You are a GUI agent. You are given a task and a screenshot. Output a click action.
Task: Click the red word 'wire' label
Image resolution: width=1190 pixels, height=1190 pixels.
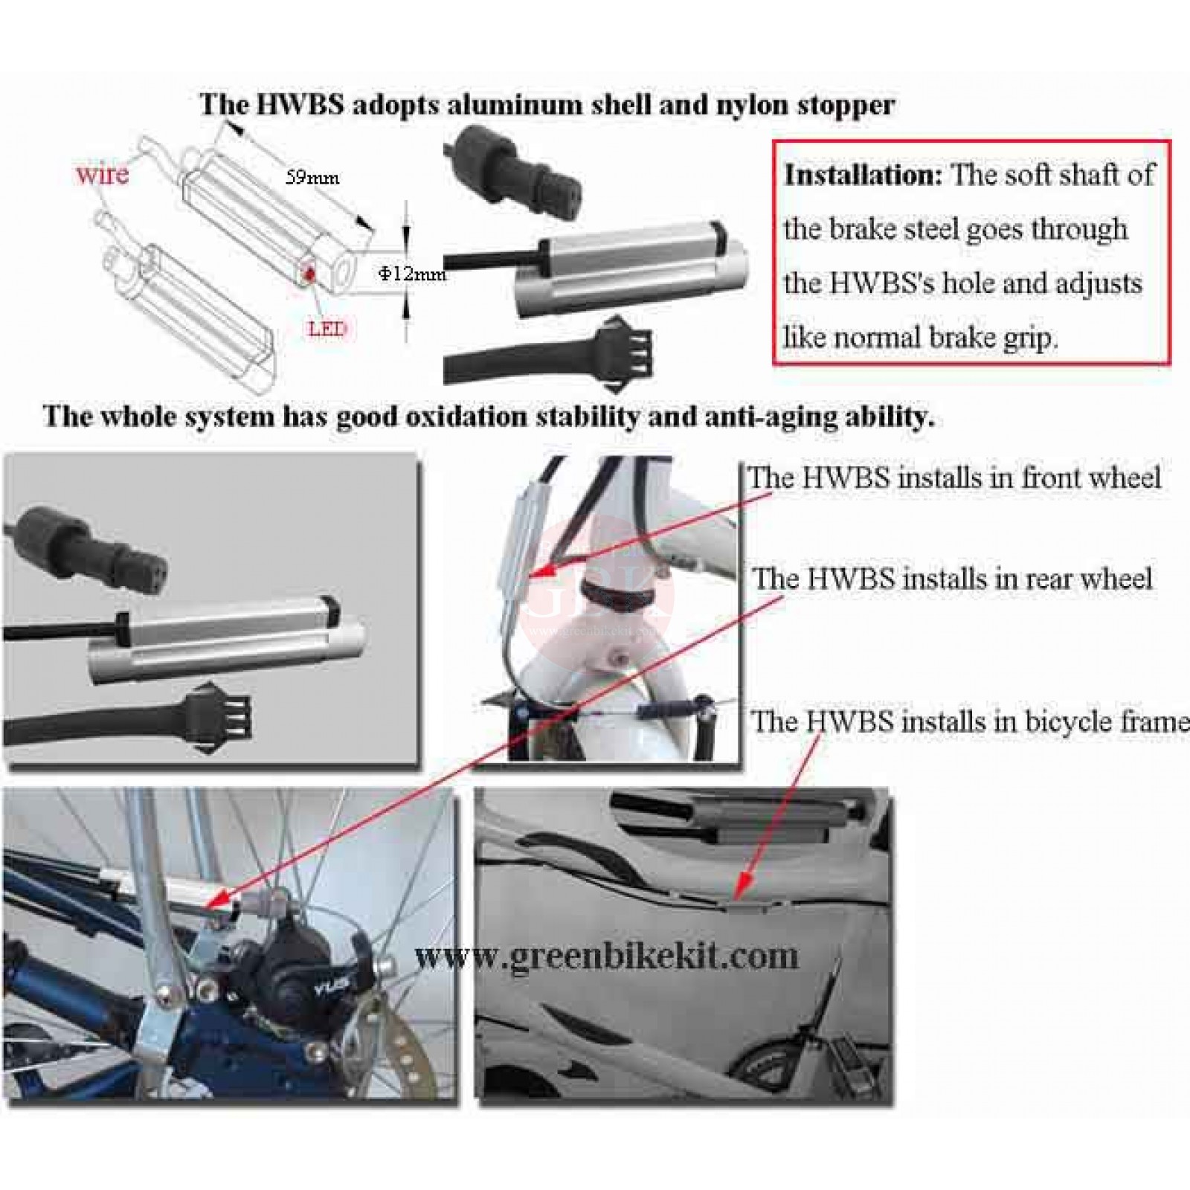102,175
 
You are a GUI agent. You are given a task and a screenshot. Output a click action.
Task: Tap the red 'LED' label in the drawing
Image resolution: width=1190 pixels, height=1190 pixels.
327,328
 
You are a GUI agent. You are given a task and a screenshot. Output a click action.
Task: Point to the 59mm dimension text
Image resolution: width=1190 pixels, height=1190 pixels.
312,178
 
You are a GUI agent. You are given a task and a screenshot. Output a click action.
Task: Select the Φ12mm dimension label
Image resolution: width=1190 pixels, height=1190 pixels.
412,274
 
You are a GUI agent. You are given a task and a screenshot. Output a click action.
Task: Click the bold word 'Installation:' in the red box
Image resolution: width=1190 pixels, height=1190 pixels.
863,175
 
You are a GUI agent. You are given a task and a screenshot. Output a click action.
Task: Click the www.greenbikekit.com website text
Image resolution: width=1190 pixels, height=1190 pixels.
606,956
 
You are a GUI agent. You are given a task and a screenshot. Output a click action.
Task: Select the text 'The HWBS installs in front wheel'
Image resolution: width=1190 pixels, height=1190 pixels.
954,477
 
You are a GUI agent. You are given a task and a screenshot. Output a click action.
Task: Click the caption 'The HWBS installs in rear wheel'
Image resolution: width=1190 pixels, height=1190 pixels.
953,579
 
